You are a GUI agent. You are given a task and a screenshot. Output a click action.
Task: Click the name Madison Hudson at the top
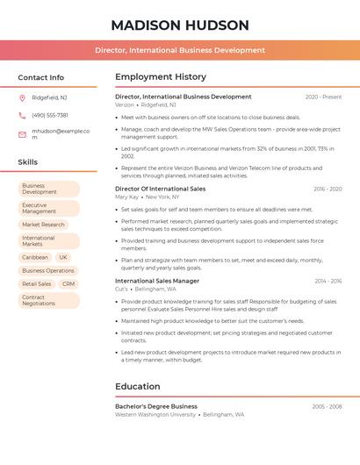[x=180, y=25]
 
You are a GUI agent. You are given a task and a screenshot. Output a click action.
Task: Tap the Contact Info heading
[x=41, y=77]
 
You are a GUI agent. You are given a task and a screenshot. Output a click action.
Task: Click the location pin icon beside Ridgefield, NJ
[x=22, y=97]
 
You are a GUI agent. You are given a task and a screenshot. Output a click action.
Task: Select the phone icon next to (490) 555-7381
[x=22, y=115]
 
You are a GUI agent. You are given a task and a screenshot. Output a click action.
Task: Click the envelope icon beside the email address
[x=22, y=134]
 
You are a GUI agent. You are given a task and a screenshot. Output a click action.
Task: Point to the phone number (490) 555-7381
[x=50, y=115]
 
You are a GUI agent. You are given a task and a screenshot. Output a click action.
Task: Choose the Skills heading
[x=28, y=162]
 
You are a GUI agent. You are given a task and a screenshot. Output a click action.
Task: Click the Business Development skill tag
[x=48, y=189]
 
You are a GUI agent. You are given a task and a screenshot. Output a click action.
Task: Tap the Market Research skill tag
[x=44, y=225]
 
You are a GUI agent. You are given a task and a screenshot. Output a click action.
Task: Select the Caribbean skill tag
[x=35, y=257]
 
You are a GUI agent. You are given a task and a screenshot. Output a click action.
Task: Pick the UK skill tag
[x=63, y=257]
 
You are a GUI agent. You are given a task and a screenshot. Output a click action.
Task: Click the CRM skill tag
[x=68, y=284]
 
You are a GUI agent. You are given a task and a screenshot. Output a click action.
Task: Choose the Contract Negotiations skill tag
[x=48, y=301]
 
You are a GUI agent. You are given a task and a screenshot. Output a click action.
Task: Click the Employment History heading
[x=161, y=77]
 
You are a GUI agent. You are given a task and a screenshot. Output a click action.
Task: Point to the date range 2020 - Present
[x=323, y=97]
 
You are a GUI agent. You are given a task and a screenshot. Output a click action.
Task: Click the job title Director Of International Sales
[x=161, y=189]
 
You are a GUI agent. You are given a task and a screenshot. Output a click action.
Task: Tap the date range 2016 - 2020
[x=327, y=189]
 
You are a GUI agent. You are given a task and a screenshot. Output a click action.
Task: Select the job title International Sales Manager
[x=157, y=281]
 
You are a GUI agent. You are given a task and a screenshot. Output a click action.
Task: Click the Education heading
[x=138, y=386]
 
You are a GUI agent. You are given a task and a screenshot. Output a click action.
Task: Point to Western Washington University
[x=155, y=414]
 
